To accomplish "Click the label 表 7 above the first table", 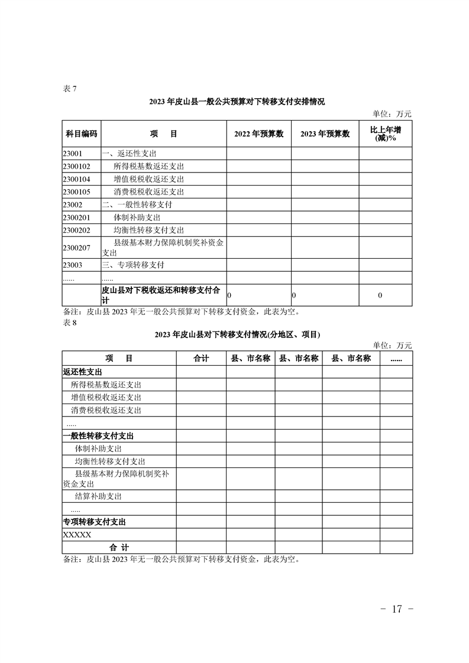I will (x=69, y=89).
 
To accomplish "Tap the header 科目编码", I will (x=81, y=134).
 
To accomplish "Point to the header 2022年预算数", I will (x=259, y=134).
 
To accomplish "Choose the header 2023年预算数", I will (x=325, y=134).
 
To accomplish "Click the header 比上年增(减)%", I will (x=386, y=134).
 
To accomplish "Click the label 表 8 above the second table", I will (x=69, y=322).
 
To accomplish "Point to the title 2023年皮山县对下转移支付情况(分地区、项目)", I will (x=237, y=334).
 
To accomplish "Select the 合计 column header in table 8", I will (x=201, y=359).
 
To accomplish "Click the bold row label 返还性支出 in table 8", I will (x=82, y=372).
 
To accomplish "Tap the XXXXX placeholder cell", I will (x=77, y=535).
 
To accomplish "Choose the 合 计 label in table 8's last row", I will (x=119, y=548).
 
